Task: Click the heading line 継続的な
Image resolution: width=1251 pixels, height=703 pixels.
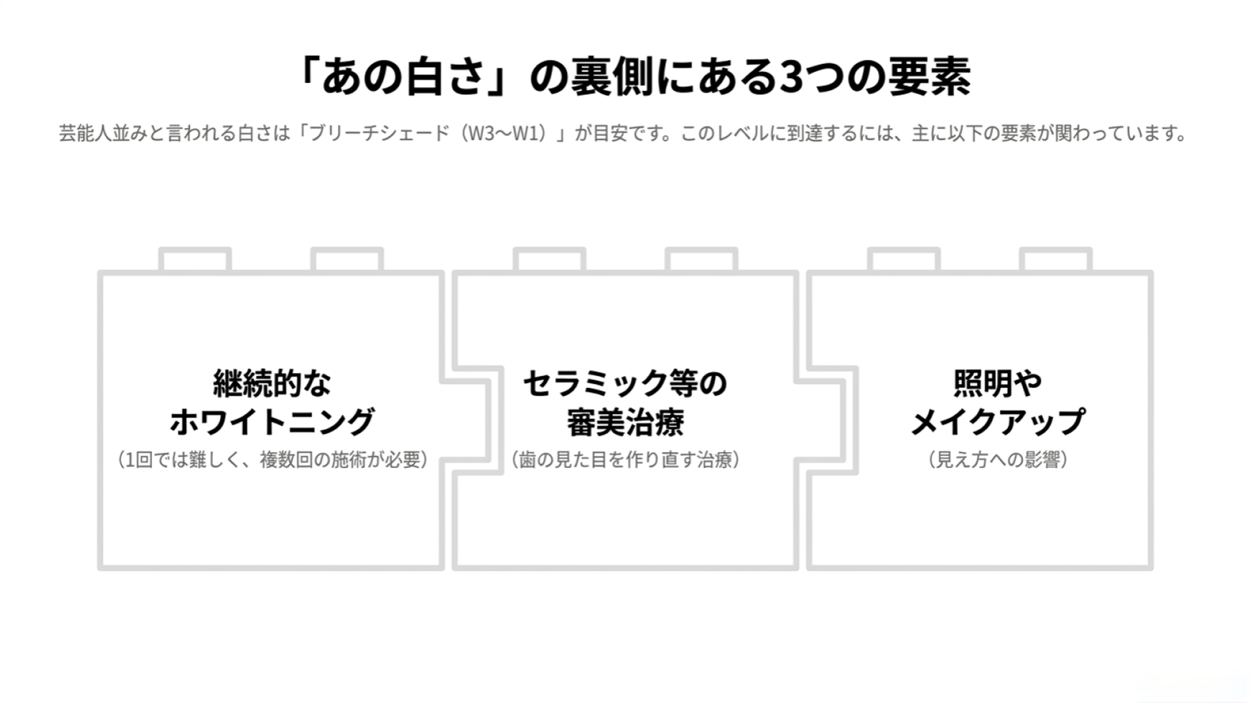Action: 272,383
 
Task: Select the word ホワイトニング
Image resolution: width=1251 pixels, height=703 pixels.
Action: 272,422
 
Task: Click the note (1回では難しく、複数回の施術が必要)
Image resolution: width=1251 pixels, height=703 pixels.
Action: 272,459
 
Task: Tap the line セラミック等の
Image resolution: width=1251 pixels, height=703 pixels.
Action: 625,383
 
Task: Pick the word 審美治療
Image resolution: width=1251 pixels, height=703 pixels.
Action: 625,422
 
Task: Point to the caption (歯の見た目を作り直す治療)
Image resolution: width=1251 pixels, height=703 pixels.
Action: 625,459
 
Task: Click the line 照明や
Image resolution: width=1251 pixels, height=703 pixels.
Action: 997,383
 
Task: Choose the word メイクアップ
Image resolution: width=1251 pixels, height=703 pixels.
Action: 997,422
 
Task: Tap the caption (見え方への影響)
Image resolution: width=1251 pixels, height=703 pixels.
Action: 997,459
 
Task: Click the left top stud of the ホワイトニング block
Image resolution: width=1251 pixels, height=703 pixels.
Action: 195,260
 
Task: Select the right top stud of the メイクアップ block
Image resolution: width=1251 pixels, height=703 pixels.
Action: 1056,260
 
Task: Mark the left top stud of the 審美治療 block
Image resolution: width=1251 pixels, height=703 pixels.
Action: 549,260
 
